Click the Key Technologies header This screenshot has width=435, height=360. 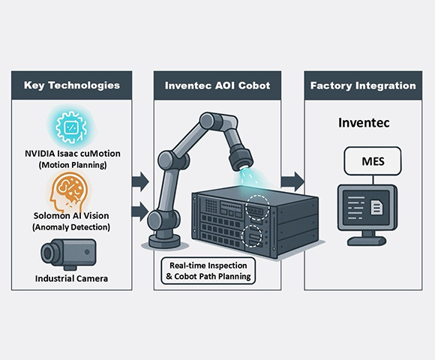pos(71,85)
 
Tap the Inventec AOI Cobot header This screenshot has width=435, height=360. pos(217,85)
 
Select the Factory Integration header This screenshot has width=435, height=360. pos(363,85)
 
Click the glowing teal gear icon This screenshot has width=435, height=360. pos(71,127)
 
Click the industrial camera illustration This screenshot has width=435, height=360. pos(68,254)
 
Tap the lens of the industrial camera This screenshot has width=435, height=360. pos(48,253)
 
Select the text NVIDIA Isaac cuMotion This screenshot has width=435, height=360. pos(73,153)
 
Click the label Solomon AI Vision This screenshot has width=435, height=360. pos(71,215)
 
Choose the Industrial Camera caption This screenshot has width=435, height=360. pos(71,278)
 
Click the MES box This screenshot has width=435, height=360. pos(373,161)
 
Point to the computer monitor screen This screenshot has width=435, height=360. pos(367,207)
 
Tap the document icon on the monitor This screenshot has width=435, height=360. pos(376,207)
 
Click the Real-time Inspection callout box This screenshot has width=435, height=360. pos(208,271)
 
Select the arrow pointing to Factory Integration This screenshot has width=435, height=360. pos(292,181)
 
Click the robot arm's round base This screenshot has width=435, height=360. pos(164,241)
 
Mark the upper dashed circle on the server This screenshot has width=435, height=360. pos(257,207)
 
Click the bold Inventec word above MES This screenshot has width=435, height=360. pos(364,122)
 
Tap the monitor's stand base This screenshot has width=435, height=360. pos(367,240)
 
